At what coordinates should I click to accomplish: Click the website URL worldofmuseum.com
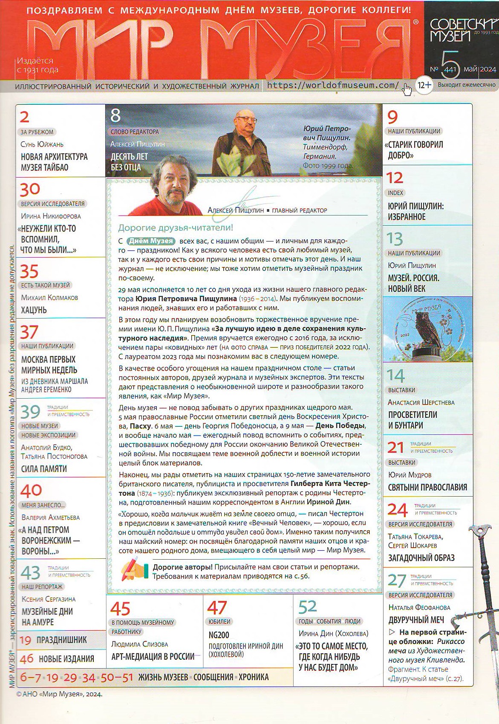pos(333,85)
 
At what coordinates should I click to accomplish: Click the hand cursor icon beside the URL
pos(407,89)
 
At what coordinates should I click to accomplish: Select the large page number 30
pos(30,189)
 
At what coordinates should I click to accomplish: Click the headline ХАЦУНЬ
pos(34,310)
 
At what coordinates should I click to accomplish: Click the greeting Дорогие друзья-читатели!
pos(176,228)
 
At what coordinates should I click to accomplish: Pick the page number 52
pos(308,606)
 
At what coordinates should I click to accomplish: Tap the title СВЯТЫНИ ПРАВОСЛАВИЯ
pos(427,487)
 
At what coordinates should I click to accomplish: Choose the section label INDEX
pos(395,193)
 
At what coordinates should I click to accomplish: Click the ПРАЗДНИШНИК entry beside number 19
pos(61,640)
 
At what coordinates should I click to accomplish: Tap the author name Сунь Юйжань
pos(42,144)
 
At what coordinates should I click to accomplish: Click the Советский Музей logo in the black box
pos(461,29)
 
